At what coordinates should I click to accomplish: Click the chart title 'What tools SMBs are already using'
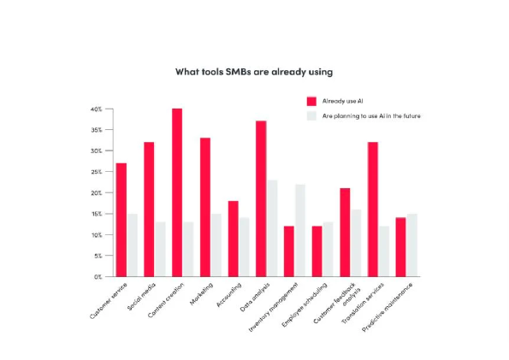(254, 72)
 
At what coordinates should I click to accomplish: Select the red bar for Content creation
(177, 192)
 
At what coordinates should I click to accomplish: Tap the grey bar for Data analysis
(272, 228)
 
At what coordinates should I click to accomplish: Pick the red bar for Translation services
(373, 210)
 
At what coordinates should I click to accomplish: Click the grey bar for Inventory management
(300, 231)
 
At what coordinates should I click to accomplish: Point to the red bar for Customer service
(121, 220)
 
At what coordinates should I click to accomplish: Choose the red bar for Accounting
(233, 239)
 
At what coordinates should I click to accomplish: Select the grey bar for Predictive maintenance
(412, 245)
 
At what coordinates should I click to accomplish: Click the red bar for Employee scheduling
(317, 251)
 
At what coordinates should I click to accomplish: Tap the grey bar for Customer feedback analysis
(356, 243)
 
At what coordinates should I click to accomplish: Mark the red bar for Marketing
(205, 207)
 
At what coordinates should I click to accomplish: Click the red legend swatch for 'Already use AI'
(311, 101)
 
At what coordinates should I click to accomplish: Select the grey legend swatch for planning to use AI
(311, 116)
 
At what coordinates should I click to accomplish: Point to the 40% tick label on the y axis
(97, 109)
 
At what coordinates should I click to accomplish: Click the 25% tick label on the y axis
(97, 172)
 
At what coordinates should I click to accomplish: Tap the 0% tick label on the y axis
(98, 277)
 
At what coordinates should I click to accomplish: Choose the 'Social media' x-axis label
(141, 297)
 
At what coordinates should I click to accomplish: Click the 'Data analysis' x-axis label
(255, 298)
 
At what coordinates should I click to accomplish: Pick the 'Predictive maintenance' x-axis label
(388, 307)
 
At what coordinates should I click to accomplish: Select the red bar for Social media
(149, 210)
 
